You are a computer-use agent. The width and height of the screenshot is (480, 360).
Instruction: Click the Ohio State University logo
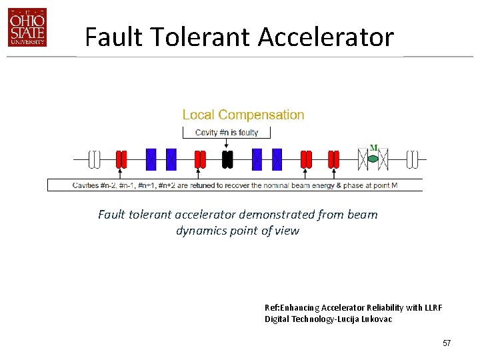click(27, 28)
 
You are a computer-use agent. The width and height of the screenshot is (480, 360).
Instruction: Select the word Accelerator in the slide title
click(326, 37)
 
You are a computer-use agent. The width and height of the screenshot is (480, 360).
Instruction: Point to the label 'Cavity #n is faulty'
click(227, 132)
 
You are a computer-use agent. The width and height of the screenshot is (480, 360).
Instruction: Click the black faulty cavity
click(227, 159)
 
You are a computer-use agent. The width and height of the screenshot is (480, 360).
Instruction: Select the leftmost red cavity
click(121, 159)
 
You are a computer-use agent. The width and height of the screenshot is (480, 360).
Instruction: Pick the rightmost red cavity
click(333, 159)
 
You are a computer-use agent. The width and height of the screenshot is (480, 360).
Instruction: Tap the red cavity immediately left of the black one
click(200, 159)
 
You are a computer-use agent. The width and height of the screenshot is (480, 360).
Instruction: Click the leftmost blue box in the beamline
click(151, 159)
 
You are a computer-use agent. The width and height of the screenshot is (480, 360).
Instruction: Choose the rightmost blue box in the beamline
click(277, 159)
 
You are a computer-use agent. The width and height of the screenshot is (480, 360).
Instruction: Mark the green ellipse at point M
click(373, 159)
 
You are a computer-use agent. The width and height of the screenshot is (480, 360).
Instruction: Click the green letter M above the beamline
click(373, 148)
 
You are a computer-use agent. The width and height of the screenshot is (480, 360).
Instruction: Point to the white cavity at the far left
click(95, 159)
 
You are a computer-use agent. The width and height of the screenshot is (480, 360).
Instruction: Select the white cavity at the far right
click(413, 159)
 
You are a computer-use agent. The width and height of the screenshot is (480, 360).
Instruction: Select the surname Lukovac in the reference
click(376, 319)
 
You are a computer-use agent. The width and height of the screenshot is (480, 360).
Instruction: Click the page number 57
click(447, 343)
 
